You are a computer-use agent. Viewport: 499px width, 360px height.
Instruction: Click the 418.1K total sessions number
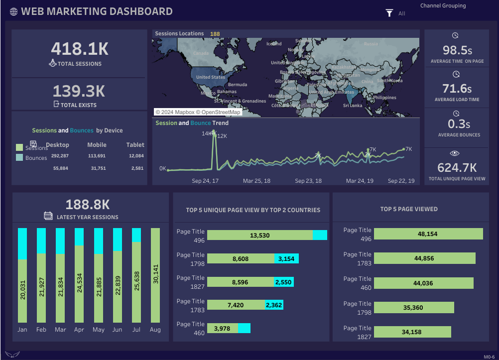point(79,49)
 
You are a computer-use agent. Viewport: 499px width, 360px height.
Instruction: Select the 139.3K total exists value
point(79,91)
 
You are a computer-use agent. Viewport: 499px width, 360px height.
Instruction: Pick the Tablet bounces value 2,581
point(136,168)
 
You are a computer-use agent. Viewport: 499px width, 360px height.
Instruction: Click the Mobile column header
point(97,145)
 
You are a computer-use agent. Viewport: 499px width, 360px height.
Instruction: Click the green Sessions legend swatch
point(19,147)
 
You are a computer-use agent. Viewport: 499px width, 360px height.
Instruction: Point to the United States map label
point(210,77)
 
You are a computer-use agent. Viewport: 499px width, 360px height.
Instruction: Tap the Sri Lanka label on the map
point(353,106)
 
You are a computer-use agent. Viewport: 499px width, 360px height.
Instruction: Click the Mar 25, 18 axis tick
point(256,181)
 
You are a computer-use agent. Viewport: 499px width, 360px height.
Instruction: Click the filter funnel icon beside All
point(389,13)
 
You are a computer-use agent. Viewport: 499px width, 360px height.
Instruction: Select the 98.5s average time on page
point(457,50)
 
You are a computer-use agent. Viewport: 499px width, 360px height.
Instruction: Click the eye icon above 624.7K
point(455,153)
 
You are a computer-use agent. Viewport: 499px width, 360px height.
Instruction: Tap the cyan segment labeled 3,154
point(286,259)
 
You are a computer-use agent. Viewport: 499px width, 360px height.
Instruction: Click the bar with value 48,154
point(428,234)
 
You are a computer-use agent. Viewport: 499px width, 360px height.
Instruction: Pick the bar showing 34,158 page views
point(412,332)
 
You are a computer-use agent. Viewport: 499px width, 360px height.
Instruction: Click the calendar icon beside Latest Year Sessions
point(48,216)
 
